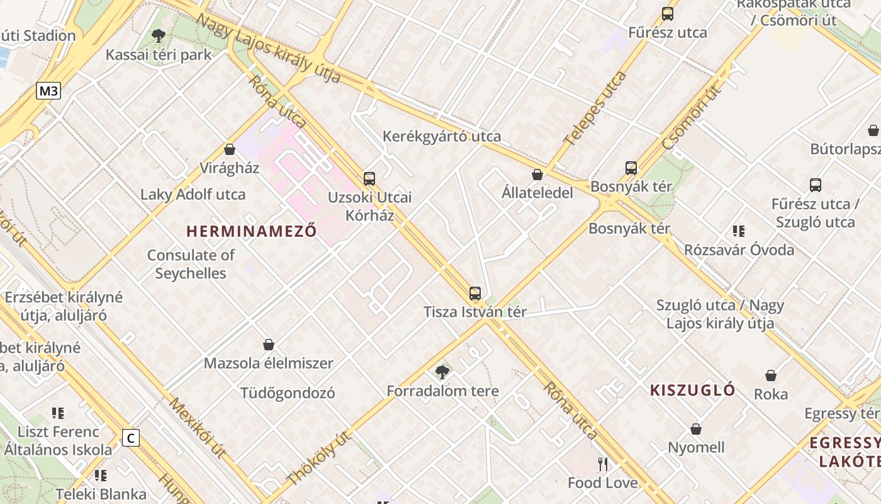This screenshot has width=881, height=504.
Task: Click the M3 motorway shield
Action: point(48,91)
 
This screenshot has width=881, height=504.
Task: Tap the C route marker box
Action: point(130,438)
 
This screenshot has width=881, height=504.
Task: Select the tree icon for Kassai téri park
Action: point(159,36)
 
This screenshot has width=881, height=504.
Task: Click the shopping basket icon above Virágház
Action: point(230,149)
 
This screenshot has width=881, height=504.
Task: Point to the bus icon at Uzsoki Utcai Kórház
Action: point(369,178)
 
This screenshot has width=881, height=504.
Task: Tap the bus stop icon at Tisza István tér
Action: point(475,293)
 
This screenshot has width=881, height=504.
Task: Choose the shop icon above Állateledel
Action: point(537,175)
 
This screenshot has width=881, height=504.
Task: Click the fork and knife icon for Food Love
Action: point(603,464)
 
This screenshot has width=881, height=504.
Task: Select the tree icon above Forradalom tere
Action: point(442,372)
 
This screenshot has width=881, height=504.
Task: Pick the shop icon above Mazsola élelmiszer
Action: point(269,345)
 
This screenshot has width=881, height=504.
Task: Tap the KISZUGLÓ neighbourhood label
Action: point(692,390)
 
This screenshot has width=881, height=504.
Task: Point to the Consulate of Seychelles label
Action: point(191,264)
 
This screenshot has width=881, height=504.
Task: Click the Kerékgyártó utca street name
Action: point(442,136)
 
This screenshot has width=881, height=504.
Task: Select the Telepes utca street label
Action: point(595,108)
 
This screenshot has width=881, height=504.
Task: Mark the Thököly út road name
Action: point(318,458)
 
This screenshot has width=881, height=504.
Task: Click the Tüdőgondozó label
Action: point(288,393)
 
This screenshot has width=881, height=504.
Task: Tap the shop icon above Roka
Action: point(771,375)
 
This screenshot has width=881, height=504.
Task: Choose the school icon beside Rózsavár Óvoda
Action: point(739,231)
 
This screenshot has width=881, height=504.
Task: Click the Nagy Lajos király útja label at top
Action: point(268,48)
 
